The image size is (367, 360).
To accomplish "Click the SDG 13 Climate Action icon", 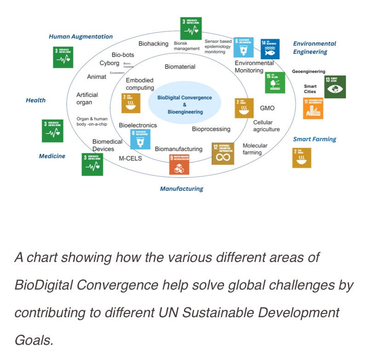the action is pos(335,87).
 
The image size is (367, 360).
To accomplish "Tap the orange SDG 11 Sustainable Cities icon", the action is pos(313,108).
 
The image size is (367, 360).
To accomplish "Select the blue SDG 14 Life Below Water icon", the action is pos(270,49).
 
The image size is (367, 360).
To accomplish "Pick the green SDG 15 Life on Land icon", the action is pos(275,83).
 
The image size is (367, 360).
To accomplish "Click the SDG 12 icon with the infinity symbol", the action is pos(222,153).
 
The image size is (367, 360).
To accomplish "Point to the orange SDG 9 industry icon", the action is pos(179,164).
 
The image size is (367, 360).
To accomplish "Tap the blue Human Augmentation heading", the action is pos(80,36).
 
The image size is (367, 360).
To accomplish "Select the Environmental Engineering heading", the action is pos(314,48).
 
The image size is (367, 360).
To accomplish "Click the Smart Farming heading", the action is pos(315,139).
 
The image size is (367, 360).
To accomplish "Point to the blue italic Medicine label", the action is pos(52,156).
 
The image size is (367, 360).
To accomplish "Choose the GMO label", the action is pos(267,108).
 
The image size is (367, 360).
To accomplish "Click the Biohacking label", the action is pos(153,44).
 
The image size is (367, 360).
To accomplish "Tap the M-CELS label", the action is pos(130,159).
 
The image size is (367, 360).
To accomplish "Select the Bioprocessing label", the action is pos(211,129).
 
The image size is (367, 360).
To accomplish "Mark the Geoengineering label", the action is pos(309,71).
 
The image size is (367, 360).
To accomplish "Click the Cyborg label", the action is pos(109,63).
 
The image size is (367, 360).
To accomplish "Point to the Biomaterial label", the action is pos(180,67).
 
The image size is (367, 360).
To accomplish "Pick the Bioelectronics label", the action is pos(138,125).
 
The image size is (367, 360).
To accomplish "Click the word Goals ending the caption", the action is pos(33,341).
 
